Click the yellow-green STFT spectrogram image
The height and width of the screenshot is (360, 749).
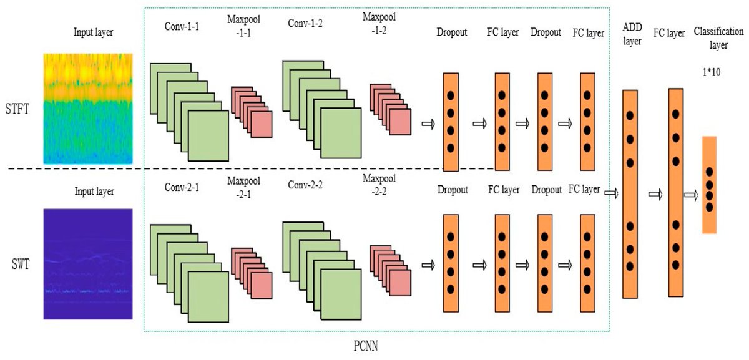coord(88,109)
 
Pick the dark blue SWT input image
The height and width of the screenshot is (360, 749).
coord(88,264)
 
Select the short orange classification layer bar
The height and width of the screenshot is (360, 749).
coord(709,185)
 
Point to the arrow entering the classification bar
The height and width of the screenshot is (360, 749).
coord(690,195)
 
